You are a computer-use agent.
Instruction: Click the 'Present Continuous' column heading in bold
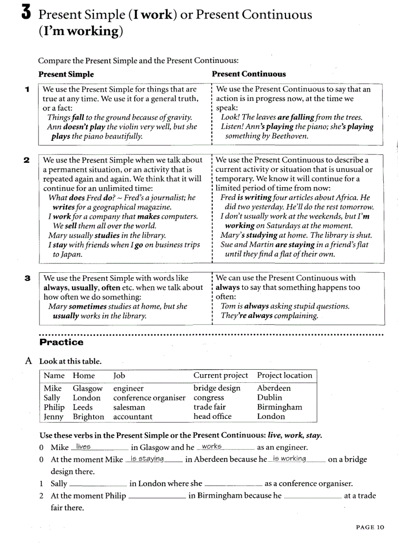coord(249,74)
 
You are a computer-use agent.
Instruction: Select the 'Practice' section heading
coord(61,342)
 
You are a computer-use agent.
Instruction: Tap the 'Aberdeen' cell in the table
coord(274,388)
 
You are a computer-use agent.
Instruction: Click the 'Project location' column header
coord(284,376)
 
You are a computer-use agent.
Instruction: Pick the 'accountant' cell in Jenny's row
coord(133,416)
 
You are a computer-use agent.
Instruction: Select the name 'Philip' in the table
coord(54,407)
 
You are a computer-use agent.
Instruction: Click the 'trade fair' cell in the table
coord(210,407)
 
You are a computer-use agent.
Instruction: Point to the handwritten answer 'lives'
coord(83,447)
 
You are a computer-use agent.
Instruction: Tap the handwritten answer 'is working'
coord(289,459)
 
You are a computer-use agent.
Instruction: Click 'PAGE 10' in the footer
coord(370,527)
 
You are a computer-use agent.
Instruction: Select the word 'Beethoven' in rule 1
coord(290,136)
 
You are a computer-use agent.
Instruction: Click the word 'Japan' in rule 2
coord(72,254)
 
